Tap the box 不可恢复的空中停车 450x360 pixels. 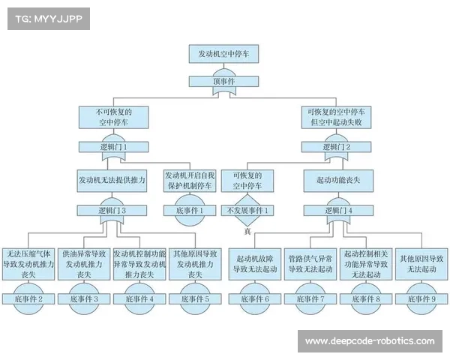click(x=112, y=116)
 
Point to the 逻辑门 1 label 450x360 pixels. click(x=112, y=147)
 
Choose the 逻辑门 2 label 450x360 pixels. click(x=335, y=147)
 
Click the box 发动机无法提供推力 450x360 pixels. click(x=112, y=181)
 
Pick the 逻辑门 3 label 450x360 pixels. click(x=112, y=211)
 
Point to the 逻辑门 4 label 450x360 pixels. click(x=335, y=211)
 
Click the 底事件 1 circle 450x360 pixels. click(x=190, y=211)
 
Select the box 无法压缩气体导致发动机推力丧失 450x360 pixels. click(x=28, y=264)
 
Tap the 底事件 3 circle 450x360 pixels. click(x=84, y=298)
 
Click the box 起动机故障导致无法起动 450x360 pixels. click(x=254, y=263)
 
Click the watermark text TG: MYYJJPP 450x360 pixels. click(x=48, y=19)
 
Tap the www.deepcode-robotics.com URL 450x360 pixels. click(x=370, y=341)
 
